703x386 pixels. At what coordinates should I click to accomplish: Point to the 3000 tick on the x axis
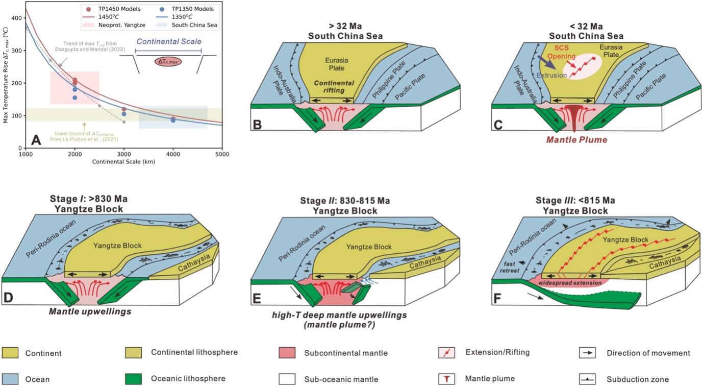tap(124, 154)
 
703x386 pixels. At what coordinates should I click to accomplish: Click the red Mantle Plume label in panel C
tap(582, 139)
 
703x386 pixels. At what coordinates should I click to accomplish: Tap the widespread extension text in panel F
tap(567, 281)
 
